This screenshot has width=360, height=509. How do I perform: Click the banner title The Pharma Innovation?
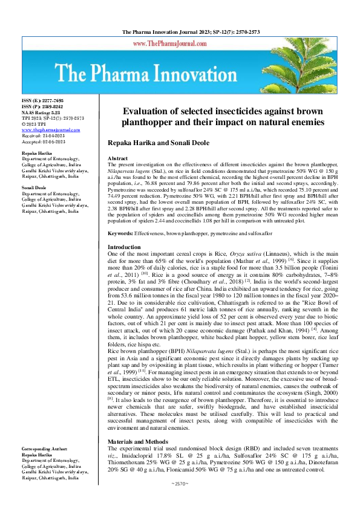180,74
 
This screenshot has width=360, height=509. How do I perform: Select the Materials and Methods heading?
137,442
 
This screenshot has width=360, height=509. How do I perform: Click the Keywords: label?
121,250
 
